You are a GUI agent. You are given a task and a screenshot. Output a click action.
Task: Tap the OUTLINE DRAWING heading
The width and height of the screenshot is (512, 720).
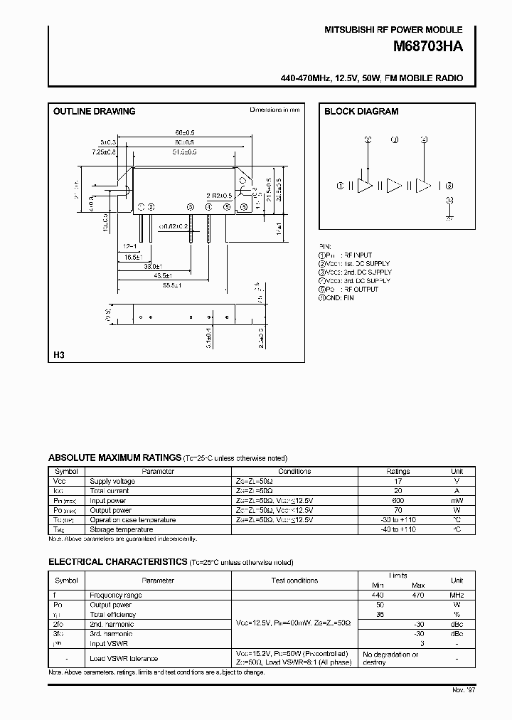point(95,112)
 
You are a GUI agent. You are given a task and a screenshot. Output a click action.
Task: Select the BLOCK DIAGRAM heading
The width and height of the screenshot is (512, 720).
point(361,112)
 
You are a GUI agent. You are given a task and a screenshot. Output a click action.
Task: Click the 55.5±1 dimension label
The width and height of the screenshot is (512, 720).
point(171,285)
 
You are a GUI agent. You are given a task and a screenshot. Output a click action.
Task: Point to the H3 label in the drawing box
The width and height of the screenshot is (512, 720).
point(59,354)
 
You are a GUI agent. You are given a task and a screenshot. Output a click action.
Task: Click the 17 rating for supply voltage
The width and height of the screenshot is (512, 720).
point(398,481)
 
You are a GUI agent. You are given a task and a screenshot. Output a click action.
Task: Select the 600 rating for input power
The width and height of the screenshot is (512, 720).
point(398,500)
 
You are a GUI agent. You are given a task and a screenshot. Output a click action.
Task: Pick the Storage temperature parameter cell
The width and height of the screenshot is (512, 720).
point(121,529)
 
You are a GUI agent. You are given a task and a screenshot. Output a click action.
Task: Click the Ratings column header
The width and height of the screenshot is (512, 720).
point(398,471)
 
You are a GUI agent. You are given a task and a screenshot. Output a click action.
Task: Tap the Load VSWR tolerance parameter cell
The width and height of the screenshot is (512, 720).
point(124,658)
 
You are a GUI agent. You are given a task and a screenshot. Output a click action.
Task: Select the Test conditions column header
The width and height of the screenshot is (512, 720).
point(294,581)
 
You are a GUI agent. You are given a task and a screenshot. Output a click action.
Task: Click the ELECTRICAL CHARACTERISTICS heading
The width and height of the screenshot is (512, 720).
point(117,562)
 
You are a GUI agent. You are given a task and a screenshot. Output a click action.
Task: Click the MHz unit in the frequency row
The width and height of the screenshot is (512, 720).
point(457,595)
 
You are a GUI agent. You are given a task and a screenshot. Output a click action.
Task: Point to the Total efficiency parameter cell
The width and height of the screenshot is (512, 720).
point(112,614)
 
